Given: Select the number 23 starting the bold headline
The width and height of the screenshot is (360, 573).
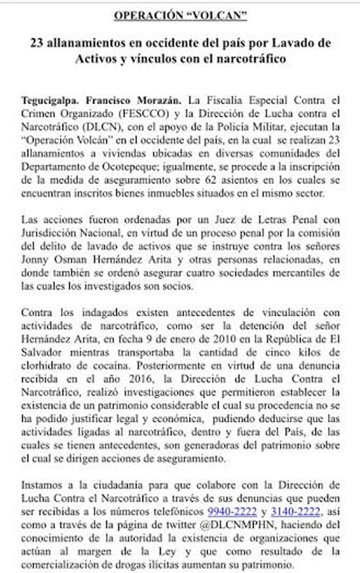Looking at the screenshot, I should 39,43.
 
